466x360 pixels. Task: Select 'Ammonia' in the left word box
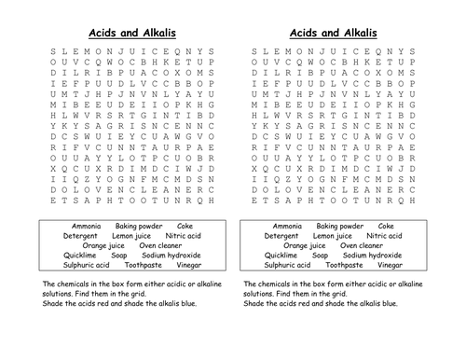[89, 226]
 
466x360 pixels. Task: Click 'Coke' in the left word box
[186, 226]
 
